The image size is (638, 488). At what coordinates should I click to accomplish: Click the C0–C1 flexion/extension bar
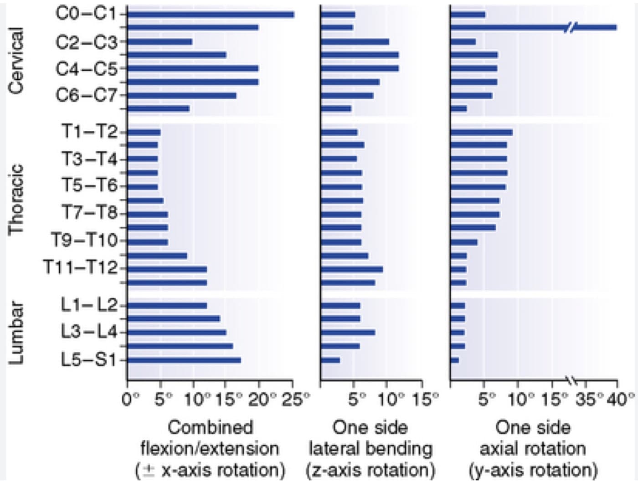click(x=211, y=15)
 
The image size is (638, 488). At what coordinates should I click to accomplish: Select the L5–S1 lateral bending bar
click(x=330, y=360)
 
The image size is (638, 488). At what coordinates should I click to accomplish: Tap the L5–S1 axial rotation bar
click(x=455, y=360)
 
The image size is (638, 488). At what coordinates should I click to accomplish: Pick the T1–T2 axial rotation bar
click(x=481, y=133)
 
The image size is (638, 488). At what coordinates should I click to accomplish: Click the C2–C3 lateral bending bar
click(x=355, y=42)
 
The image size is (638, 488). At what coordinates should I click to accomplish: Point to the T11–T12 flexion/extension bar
click(x=167, y=269)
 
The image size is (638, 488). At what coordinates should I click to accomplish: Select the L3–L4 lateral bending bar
click(x=348, y=333)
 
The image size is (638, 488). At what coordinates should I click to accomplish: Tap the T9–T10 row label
click(x=84, y=241)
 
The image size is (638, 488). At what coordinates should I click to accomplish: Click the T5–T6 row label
click(x=89, y=186)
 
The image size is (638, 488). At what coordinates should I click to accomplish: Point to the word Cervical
click(x=16, y=61)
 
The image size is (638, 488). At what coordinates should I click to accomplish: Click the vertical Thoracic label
click(x=16, y=200)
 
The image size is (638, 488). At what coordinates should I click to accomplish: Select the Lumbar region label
click(x=16, y=333)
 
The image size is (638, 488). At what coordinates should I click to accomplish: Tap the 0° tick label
click(x=131, y=399)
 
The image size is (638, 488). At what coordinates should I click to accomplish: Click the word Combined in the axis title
click(x=211, y=427)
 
